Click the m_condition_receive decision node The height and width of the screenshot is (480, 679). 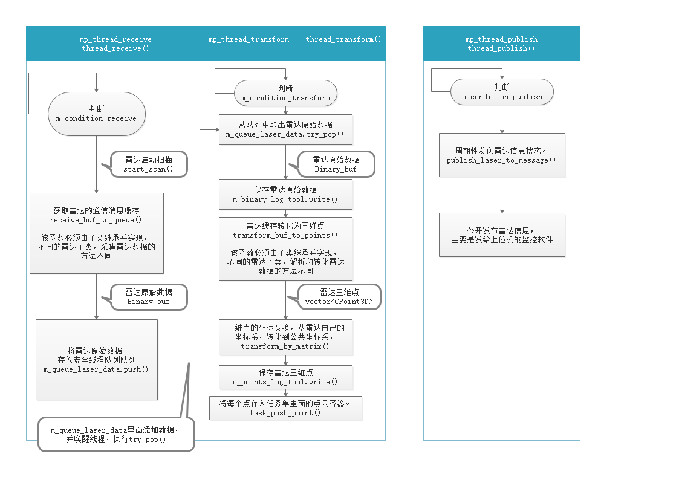(97, 114)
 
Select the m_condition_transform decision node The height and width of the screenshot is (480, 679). (285, 93)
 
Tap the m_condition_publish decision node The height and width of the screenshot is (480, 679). (502, 92)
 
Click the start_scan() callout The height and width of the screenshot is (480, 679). (148, 164)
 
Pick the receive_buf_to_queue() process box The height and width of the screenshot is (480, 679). (97, 233)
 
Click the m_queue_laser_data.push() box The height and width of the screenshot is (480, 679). (97, 360)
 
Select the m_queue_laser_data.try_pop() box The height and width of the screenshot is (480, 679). (285, 129)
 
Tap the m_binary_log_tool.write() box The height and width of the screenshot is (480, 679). (285, 195)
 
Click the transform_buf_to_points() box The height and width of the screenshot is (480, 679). (285, 248)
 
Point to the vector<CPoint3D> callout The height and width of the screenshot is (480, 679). (340, 297)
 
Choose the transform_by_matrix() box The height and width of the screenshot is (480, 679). (285, 337)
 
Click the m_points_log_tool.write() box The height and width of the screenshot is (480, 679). (285, 377)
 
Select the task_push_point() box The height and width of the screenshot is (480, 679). (285, 408)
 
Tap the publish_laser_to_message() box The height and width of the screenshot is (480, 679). (502, 155)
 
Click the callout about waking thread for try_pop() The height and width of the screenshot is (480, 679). (116, 435)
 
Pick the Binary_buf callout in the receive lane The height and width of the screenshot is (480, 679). (148, 297)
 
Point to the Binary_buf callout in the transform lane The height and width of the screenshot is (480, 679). (336, 164)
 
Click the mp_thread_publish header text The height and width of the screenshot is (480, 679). (501, 39)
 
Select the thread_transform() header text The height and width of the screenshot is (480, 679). (343, 39)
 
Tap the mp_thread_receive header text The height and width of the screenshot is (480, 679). (115, 39)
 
